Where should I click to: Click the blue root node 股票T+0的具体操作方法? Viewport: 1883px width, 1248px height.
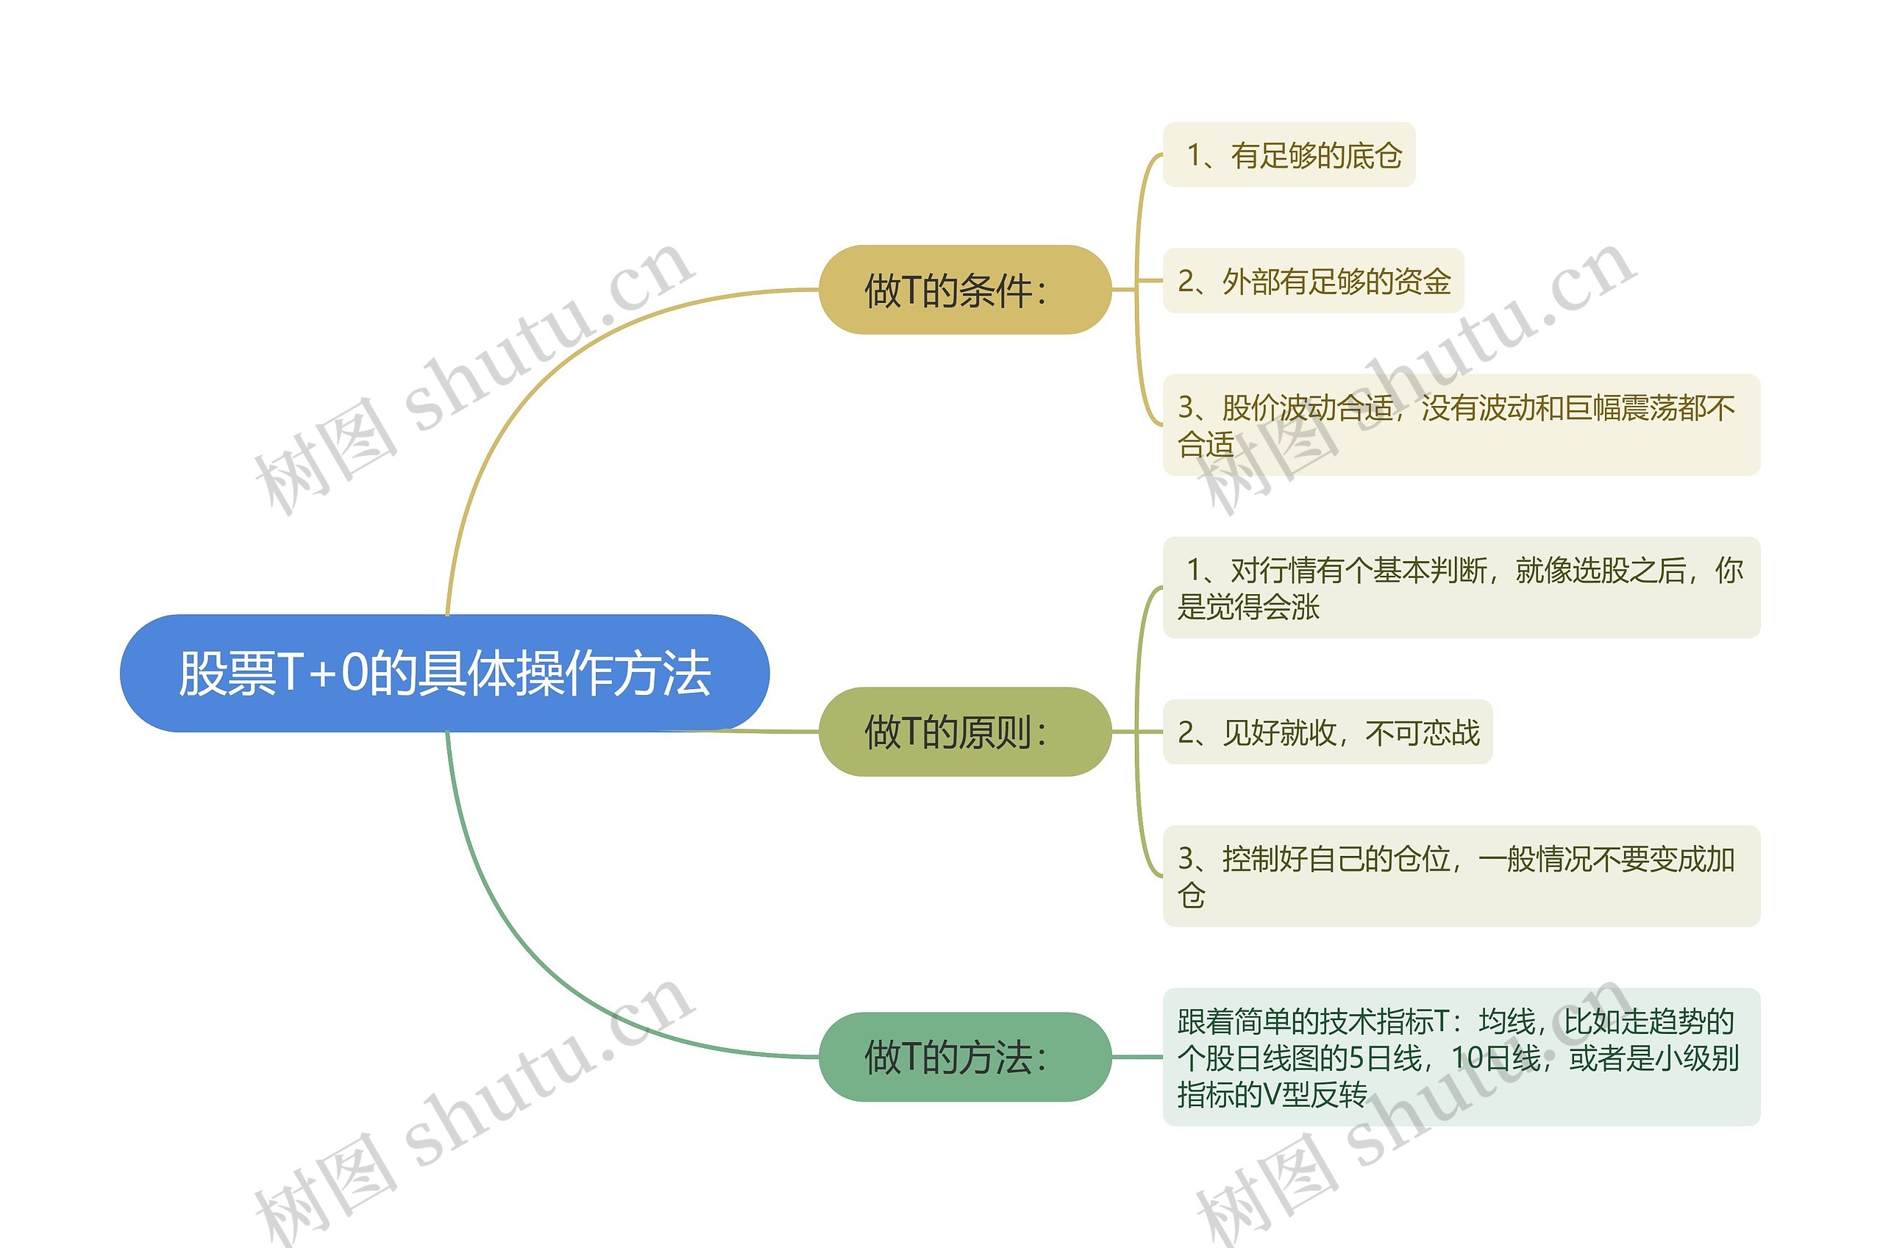(444, 674)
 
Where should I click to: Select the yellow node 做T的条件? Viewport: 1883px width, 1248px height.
(964, 290)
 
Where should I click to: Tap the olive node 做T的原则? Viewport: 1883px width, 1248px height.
(964, 732)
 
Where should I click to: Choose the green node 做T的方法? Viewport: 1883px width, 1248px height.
(964, 1057)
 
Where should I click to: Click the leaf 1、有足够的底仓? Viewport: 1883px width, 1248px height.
(1289, 155)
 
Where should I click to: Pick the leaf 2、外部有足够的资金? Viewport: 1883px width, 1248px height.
(1313, 281)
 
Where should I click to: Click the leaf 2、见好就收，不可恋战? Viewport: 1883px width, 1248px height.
(1327, 732)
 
